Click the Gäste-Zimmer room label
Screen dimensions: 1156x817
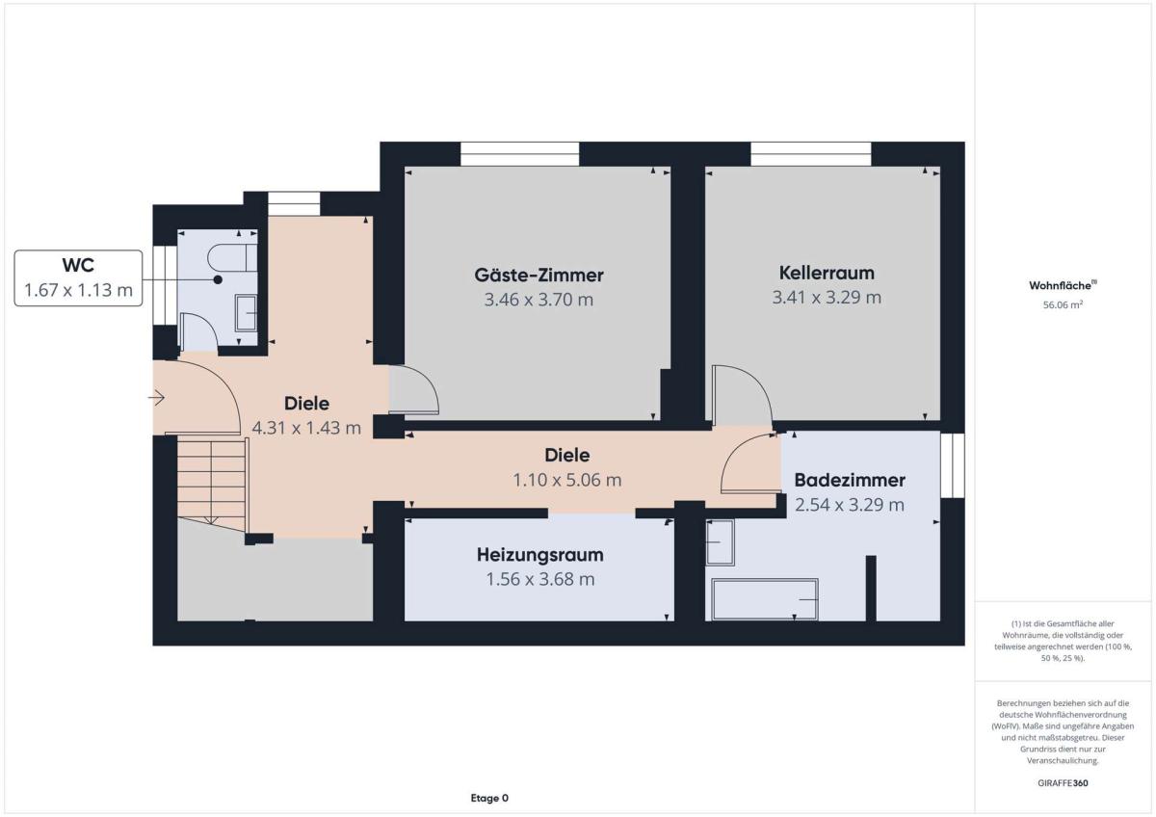[539, 276]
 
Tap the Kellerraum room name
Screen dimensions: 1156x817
[827, 273]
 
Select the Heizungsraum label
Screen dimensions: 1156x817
[539, 555]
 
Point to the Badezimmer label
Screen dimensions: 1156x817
[850, 480]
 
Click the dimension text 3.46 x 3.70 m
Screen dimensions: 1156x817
[539, 300]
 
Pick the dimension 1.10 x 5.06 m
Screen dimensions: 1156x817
[567, 480]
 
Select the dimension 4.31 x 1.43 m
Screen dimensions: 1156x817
[306, 428]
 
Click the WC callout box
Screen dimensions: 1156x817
[78, 278]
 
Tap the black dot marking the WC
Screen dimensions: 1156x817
[219, 279]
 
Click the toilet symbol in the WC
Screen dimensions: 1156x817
[232, 257]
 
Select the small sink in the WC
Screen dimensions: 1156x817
[247, 313]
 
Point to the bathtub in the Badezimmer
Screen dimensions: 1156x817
[765, 599]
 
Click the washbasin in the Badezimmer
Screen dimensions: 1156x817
[721, 542]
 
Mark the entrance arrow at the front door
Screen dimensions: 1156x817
[156, 398]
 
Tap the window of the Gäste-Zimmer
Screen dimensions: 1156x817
[519, 154]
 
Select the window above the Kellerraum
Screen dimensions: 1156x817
[811, 154]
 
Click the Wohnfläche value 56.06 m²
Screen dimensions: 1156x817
[1063, 304]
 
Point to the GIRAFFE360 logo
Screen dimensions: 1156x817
[1063, 783]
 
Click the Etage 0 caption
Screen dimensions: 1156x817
[489, 798]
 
